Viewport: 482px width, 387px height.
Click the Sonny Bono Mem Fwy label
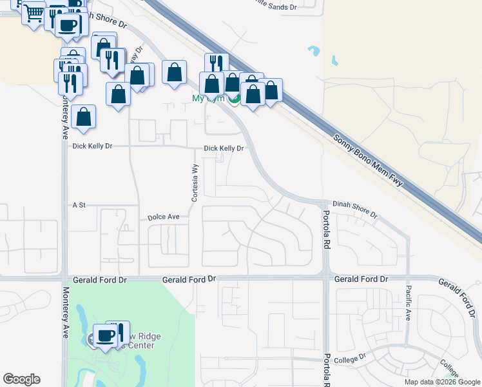point(368,161)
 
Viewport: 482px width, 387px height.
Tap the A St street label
point(79,205)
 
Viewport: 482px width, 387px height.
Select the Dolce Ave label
point(164,218)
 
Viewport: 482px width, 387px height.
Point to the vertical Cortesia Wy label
point(193,183)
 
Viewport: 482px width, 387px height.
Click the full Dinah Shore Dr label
point(354,208)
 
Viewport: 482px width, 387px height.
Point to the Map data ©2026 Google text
point(442,382)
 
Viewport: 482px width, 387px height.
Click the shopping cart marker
point(34,13)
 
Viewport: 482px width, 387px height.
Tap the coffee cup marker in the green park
point(105,335)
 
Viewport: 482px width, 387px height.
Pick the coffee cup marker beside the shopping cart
point(68,25)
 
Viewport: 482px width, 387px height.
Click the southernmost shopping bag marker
point(83,117)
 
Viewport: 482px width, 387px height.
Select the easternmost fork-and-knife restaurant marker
point(216,63)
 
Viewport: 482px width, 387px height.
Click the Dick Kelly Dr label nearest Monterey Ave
point(92,146)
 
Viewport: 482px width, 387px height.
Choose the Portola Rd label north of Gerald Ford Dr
point(327,230)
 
